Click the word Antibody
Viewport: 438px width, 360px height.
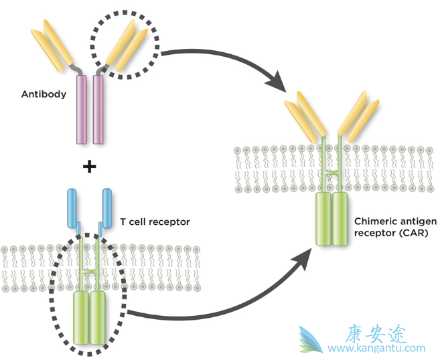coord(44,94)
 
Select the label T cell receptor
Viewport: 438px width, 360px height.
coord(155,222)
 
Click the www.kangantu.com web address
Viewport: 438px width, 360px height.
coord(376,348)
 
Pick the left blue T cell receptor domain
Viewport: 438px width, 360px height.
coord(74,207)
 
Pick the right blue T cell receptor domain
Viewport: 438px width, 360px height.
coord(106,207)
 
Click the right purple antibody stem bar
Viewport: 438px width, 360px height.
coord(98,110)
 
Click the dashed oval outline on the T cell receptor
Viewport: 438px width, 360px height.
coord(50,294)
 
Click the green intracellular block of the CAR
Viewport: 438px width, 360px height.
coord(333,218)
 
